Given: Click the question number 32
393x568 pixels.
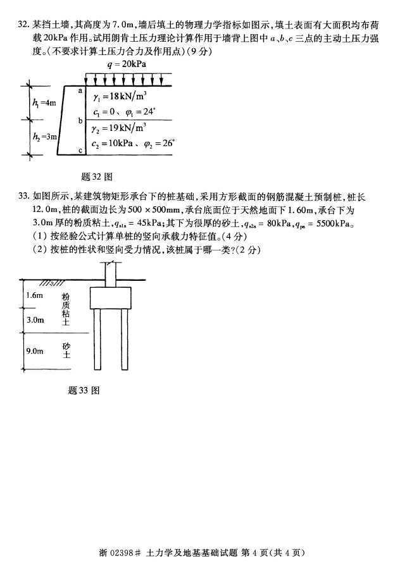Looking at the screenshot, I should (23, 26).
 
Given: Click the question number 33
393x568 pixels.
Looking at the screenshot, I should (23, 197).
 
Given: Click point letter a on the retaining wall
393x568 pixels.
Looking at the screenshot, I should (80, 91).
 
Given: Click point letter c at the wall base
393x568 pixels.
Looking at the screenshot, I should (80, 150).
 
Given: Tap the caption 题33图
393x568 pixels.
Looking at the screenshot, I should (84, 390).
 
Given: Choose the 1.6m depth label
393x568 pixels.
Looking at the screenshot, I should (35, 295).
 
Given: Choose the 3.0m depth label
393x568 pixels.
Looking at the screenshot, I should (35, 320).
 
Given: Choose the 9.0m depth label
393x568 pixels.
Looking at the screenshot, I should (35, 350).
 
